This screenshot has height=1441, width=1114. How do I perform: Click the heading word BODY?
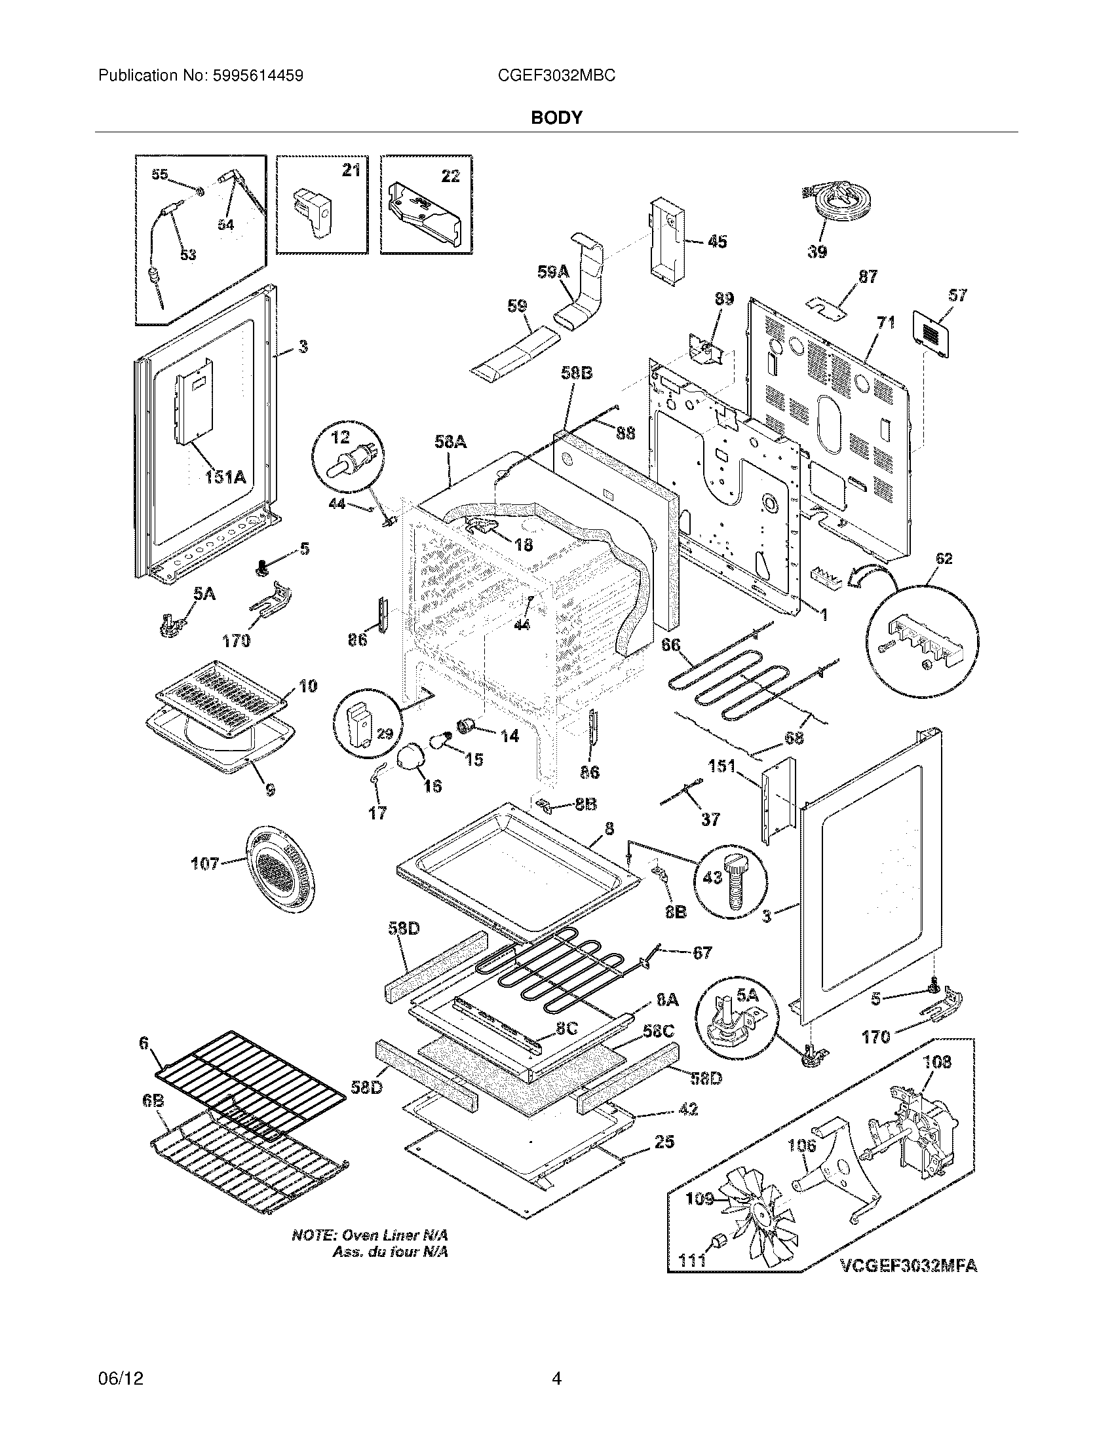pos(557,117)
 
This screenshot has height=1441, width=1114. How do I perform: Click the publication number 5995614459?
pos(259,76)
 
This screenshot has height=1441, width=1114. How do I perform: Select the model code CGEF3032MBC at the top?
pos(557,76)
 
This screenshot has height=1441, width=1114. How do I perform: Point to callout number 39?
pos(817,252)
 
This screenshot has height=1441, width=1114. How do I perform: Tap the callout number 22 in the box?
pos(450,176)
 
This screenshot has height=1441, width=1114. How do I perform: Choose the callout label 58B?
pos(577,373)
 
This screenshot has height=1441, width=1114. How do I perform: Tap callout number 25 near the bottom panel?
pos(664,1142)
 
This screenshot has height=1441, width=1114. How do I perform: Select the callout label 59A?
pos(553,272)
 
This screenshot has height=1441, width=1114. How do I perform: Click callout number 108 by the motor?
pos(937,1062)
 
